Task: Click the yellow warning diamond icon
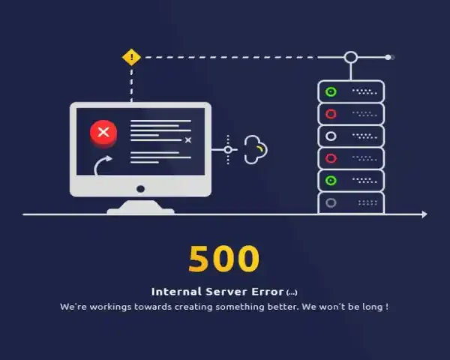tap(132, 57)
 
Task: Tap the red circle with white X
tap(103, 133)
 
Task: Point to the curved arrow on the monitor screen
tap(104, 164)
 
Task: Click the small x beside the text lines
tap(188, 140)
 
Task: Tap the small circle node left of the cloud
tap(228, 149)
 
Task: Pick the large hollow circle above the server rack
tap(350, 57)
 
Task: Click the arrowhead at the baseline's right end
tap(424, 214)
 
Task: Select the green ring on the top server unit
tap(330, 92)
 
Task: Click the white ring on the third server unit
tap(330, 136)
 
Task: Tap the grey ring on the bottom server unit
tap(330, 202)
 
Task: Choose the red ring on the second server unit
tap(330, 114)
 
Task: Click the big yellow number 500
tap(223, 259)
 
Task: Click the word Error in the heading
tap(268, 292)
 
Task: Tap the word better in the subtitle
tap(279, 307)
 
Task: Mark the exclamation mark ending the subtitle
tap(386, 307)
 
